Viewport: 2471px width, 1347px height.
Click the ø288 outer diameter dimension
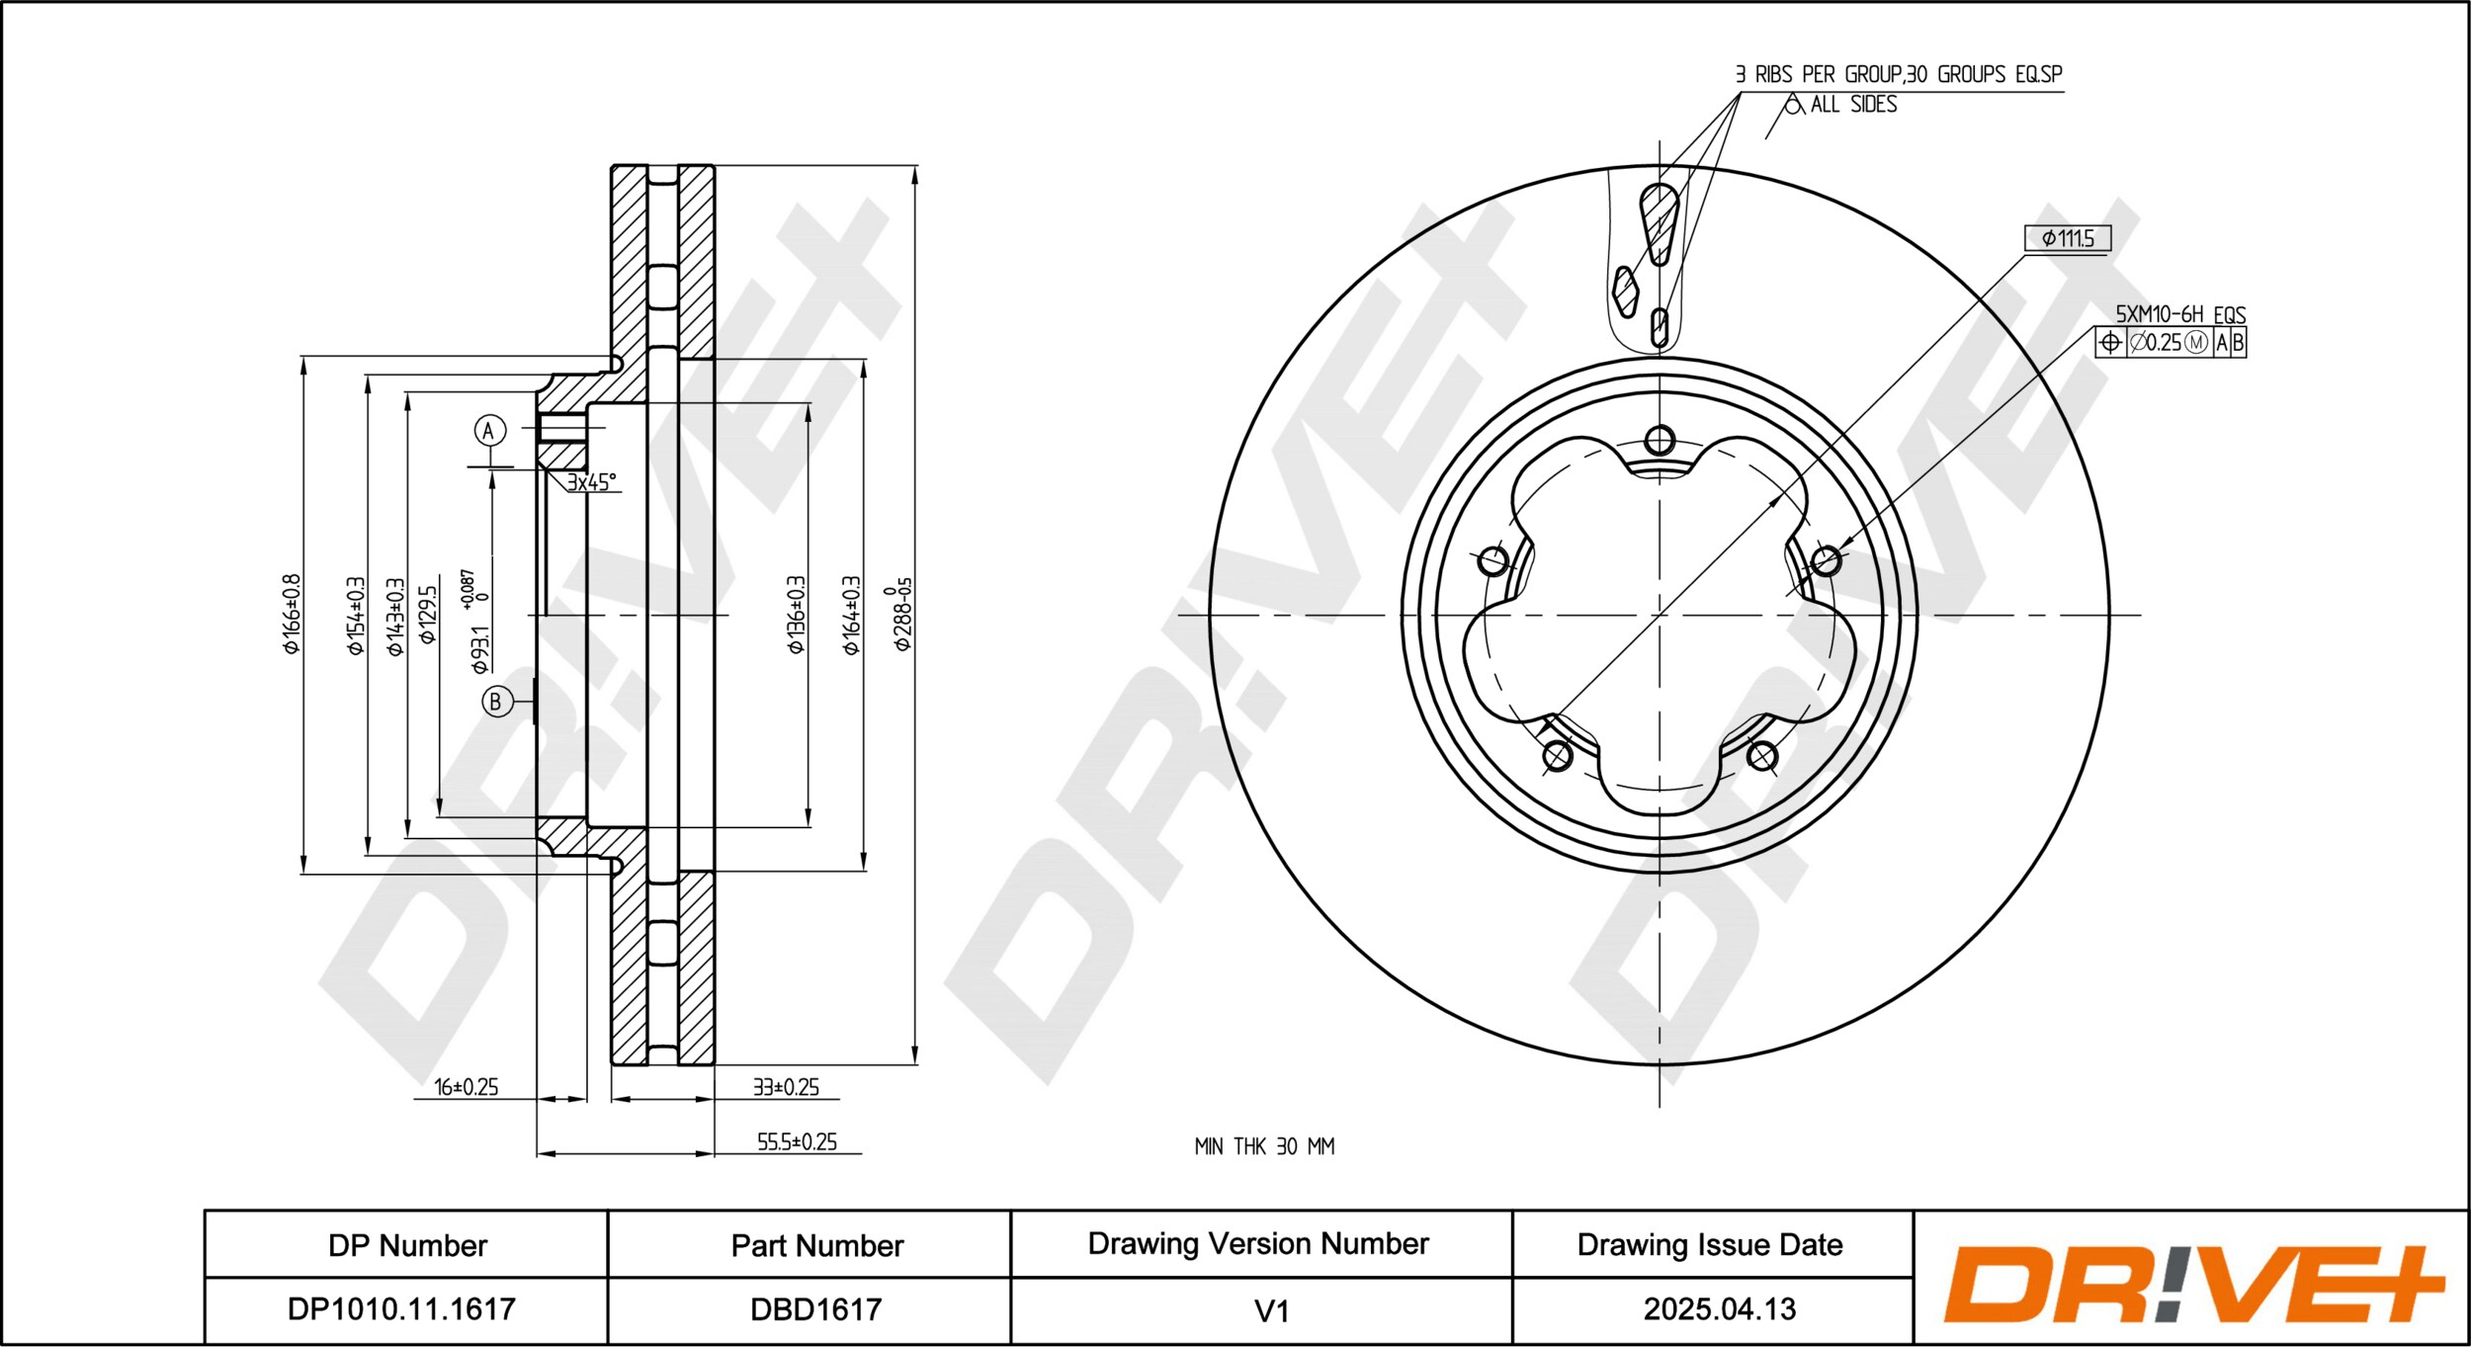click(900, 614)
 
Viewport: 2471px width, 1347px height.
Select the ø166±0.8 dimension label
click(291, 614)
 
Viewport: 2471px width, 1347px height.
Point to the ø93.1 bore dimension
click(477, 622)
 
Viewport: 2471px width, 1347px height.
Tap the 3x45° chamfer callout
click(591, 482)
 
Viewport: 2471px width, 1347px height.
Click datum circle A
click(489, 430)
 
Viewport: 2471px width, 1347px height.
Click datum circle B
click(496, 702)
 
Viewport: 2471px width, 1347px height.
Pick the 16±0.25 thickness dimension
click(467, 1087)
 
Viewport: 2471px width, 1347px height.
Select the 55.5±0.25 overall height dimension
click(797, 1141)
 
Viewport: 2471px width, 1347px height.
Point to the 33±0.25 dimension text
click(786, 1087)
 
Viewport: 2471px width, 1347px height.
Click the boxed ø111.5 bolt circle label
click(2068, 238)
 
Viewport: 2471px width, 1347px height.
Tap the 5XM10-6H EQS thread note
click(2180, 314)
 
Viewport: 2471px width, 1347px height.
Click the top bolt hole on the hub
click(1660, 440)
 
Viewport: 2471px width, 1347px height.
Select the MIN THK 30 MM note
click(1264, 1146)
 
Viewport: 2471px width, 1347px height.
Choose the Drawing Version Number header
click(1258, 1243)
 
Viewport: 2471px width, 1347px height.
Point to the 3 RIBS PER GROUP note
click(1898, 74)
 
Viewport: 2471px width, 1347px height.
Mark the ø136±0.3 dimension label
click(796, 614)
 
